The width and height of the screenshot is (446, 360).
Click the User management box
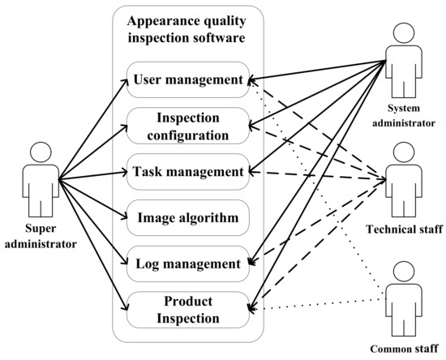click(x=188, y=79)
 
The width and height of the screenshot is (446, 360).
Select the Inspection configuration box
click(x=188, y=126)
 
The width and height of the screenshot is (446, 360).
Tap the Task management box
click(x=188, y=172)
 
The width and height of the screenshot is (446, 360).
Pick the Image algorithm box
click(x=188, y=217)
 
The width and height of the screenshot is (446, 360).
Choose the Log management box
click(x=188, y=264)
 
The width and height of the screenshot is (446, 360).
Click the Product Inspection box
click(x=188, y=310)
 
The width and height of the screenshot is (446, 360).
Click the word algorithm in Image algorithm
click(x=209, y=217)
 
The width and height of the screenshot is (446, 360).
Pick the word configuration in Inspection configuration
click(x=188, y=133)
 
